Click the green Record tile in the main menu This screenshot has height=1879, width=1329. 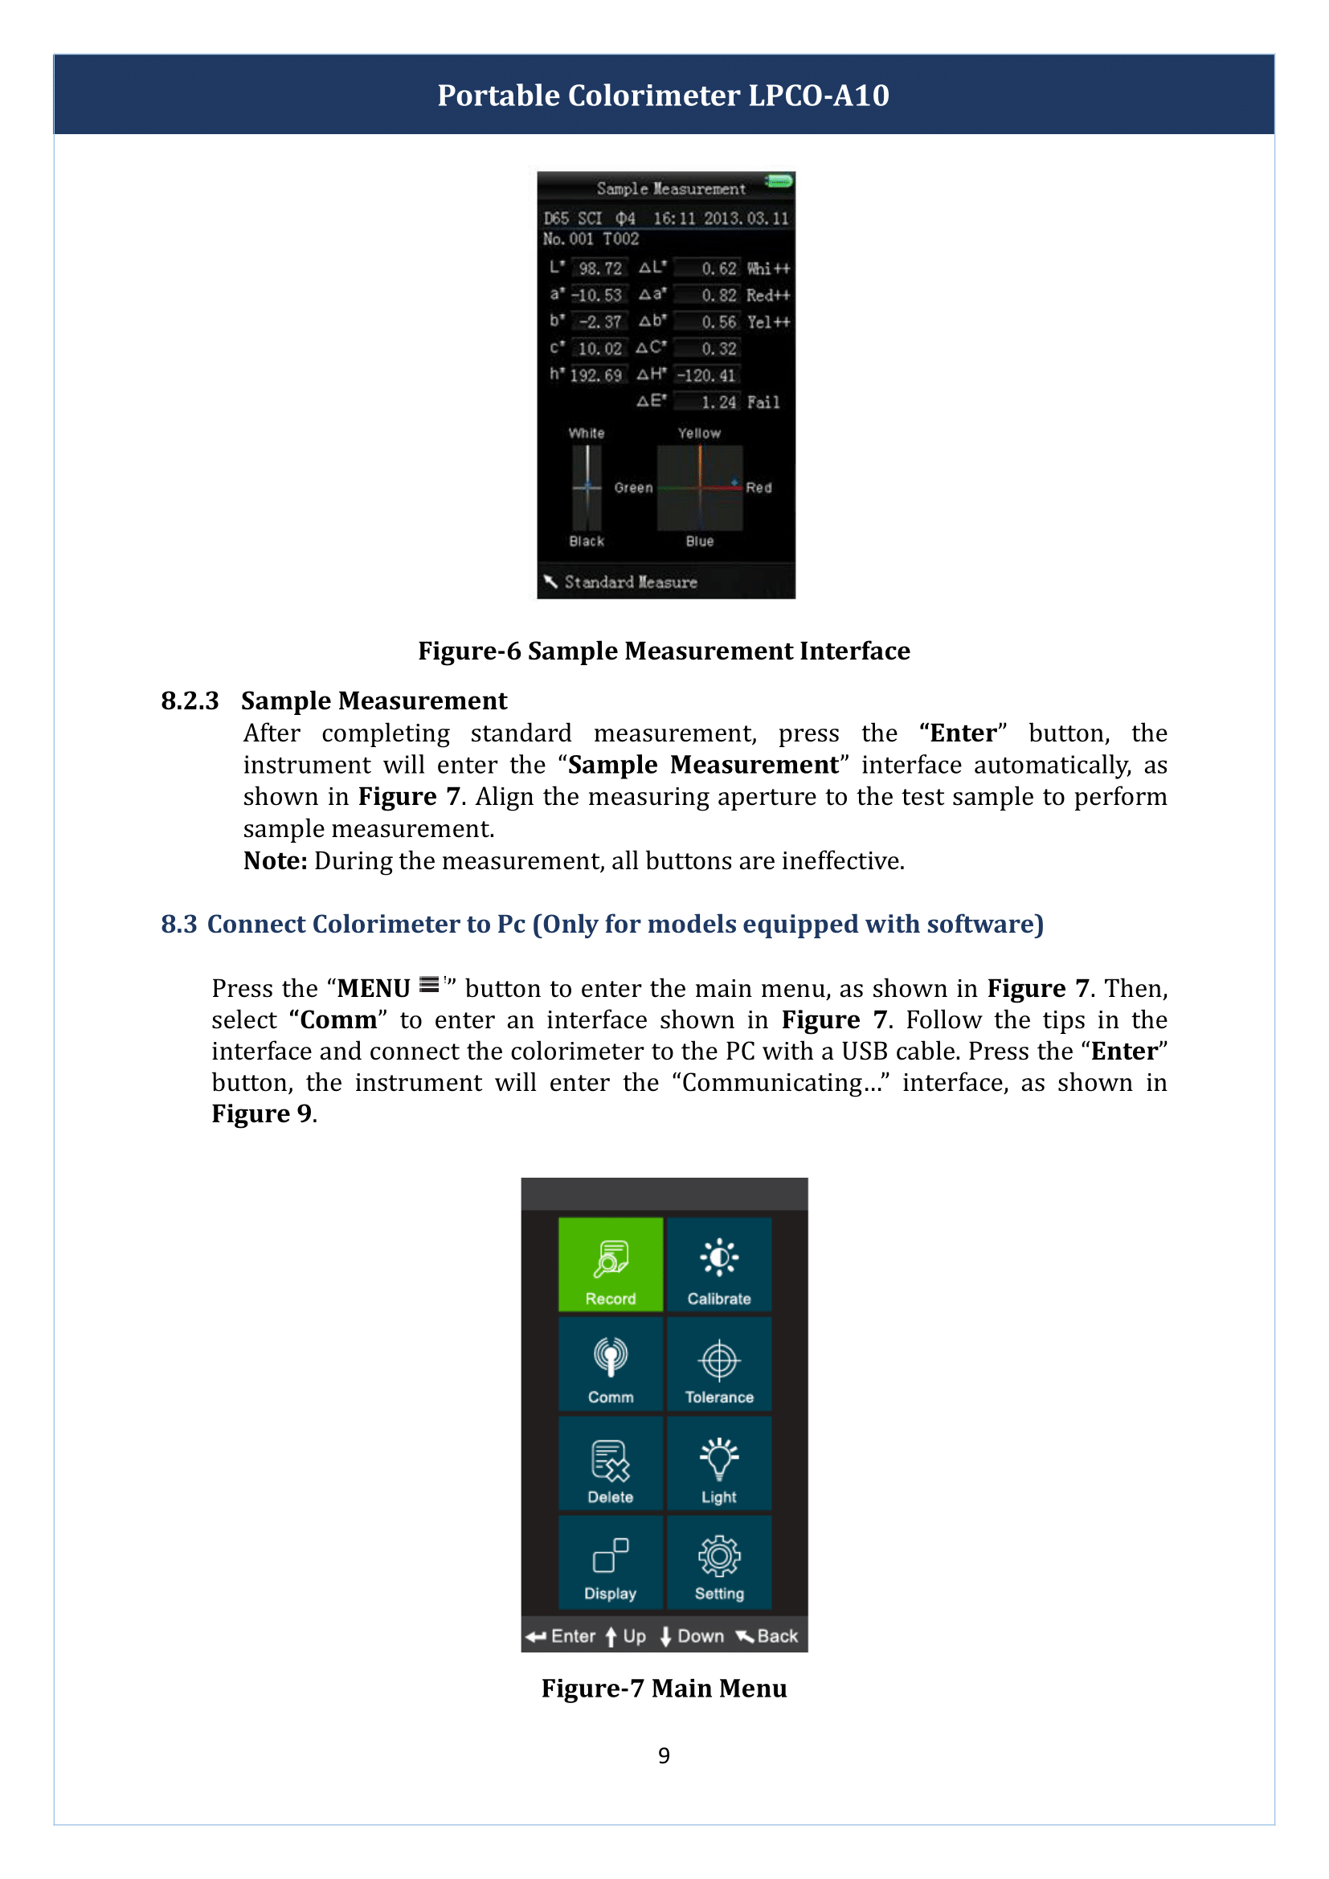point(611,1264)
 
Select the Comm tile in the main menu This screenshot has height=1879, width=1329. point(611,1364)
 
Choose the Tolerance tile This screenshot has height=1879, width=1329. point(718,1364)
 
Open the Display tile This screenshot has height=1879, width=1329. point(611,1562)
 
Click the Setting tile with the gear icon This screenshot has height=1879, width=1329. point(718,1562)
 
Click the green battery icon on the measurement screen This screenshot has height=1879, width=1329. point(779,181)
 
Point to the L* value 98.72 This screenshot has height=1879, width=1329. point(600,268)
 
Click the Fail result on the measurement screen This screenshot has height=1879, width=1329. point(763,402)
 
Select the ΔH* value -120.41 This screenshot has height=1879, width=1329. point(705,376)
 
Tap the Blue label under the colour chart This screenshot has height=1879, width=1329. point(700,541)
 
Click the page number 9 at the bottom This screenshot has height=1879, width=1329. point(664,1755)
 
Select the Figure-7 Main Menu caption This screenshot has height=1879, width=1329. point(664,1689)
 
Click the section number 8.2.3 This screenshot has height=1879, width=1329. point(189,701)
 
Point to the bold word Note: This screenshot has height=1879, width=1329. point(275,861)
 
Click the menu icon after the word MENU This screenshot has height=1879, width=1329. point(430,985)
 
